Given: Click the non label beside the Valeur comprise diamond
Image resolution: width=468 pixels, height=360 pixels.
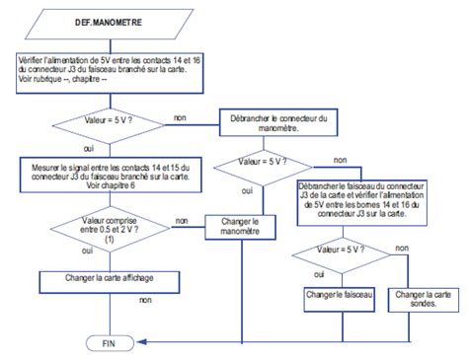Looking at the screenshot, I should (183, 220).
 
